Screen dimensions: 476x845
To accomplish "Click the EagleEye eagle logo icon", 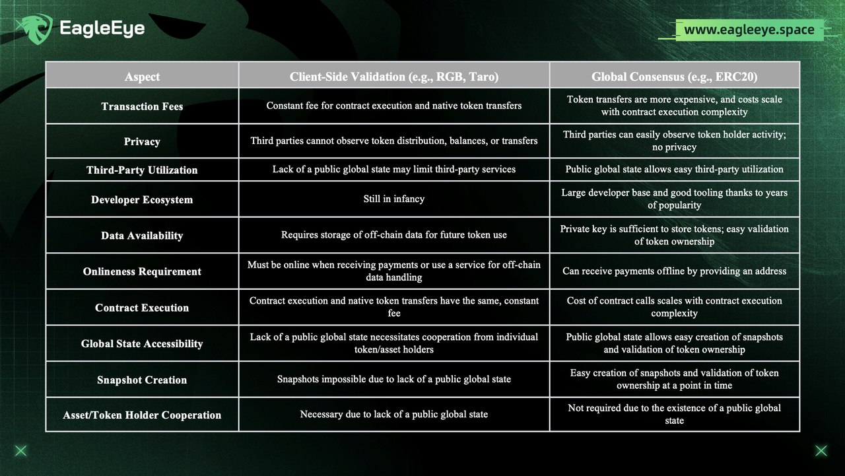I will click(34, 28).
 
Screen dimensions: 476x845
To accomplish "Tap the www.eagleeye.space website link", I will click(749, 30).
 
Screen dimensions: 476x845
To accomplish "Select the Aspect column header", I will click(142, 77).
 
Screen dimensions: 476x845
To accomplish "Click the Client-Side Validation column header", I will click(394, 77).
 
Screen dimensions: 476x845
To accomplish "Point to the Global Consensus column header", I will click(674, 77).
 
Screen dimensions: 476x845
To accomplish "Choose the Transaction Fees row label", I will click(142, 106).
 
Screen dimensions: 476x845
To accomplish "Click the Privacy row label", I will click(142, 141).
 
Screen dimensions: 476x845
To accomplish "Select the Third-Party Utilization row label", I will click(142, 170).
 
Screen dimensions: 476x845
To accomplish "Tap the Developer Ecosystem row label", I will click(142, 199).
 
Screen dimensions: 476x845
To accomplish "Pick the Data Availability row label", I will click(142, 236).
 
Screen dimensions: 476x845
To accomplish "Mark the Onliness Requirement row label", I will click(142, 271).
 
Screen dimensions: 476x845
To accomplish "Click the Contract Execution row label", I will click(142, 308).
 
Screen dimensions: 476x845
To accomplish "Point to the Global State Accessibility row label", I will click(142, 343).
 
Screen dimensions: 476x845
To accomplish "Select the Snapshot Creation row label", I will click(142, 380).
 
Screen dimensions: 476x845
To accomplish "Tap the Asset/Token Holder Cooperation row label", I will click(142, 415).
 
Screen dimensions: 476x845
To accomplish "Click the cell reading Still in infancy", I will click(394, 199).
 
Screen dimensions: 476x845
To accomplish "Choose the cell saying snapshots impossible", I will click(394, 379).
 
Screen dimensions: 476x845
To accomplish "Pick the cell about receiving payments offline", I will click(674, 271).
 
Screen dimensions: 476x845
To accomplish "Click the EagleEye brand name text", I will click(102, 28).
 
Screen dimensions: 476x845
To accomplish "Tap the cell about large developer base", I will click(674, 199).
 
